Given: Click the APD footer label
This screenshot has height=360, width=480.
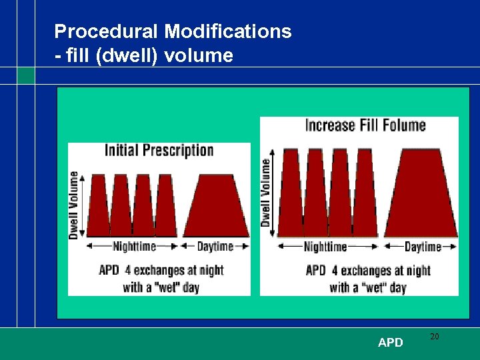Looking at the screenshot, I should pos(390,343).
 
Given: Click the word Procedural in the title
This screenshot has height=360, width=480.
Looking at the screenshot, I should pos(107,31).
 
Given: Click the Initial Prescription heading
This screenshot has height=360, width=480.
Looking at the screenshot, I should pos(159,150).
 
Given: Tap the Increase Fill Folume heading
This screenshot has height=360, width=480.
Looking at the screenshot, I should pos(365,125).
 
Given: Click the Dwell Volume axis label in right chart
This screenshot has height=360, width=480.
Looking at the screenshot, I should pos(266,192).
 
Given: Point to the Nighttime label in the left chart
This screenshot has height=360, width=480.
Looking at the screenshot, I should pos(134,247).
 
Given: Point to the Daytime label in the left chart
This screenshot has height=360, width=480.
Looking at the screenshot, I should pos(215,247).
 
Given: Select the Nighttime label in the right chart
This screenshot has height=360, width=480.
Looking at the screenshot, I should pos(325,247).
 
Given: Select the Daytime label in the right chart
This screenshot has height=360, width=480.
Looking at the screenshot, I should pos(423,247).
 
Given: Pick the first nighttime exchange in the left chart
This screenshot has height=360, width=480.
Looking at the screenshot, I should pos(99,207).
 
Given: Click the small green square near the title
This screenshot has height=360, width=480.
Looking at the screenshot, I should pos(26,75).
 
